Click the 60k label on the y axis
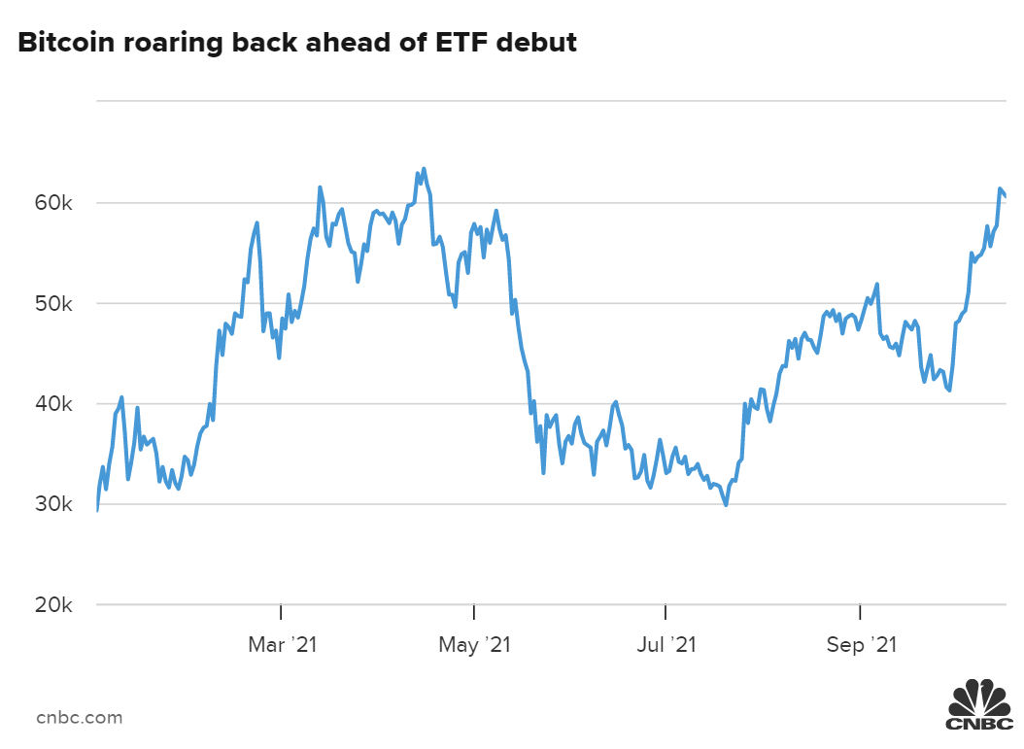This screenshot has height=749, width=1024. pos(54,204)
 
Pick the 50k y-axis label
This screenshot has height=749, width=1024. pos(54,304)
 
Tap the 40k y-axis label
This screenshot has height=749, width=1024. pos(54,404)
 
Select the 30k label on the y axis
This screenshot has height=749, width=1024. pos(54,505)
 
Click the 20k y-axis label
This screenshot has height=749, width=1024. pos(54,605)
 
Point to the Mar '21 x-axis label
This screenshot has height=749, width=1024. pos(283,644)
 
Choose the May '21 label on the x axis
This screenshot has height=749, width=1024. pos(475,644)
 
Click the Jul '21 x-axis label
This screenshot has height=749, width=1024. pos(667,644)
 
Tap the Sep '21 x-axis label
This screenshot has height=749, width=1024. pos(861,644)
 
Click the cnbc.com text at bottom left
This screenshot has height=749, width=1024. pos(80,718)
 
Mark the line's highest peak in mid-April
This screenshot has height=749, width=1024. pos(424,169)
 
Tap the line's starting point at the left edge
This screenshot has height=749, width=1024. pos(97,510)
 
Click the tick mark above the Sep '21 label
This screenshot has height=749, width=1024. pos(860,611)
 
